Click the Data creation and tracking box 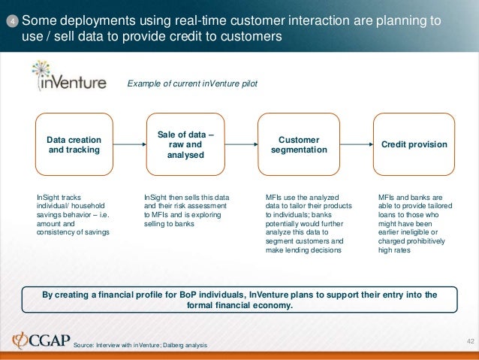[74, 144]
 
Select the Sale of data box [185, 144]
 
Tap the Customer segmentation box [298, 144]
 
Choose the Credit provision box [414, 144]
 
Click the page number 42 [471, 342]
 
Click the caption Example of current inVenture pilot [192, 83]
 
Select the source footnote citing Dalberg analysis [139, 345]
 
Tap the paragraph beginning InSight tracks [74, 215]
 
